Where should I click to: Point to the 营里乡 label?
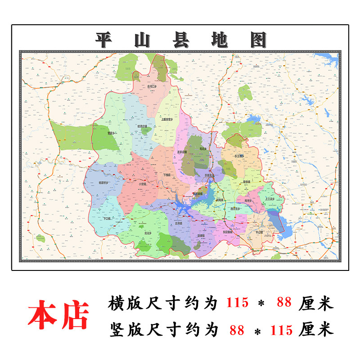tap(112, 134)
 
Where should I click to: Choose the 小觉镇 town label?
tap(143, 184)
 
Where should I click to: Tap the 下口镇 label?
tap(107, 218)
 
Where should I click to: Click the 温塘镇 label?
tap(201, 235)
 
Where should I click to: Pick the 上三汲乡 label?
tap(270, 198)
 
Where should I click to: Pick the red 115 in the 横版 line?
tap(237, 303)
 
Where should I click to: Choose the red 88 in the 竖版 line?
tap(237, 330)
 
